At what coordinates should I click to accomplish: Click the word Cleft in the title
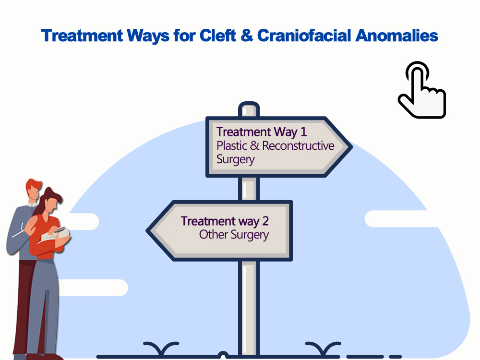pos(217,36)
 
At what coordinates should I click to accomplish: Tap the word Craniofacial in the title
pos(304,36)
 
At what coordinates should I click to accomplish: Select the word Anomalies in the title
pos(397,36)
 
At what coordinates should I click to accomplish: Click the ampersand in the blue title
pos(247,36)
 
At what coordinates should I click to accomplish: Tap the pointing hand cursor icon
pos(422,90)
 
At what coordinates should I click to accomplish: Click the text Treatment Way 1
pos(262,132)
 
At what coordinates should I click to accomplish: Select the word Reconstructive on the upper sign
pos(298,146)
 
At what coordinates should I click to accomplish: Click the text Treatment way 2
pos(225,221)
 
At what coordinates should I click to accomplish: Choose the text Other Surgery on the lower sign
pos(234,235)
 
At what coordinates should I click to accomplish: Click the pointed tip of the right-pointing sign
pos(351,147)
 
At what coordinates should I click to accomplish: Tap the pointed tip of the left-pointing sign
pos(147,230)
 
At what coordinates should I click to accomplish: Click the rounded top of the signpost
pos(249,104)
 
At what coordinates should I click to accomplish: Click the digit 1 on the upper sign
pos(303,132)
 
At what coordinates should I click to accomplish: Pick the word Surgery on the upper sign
pos(235,159)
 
